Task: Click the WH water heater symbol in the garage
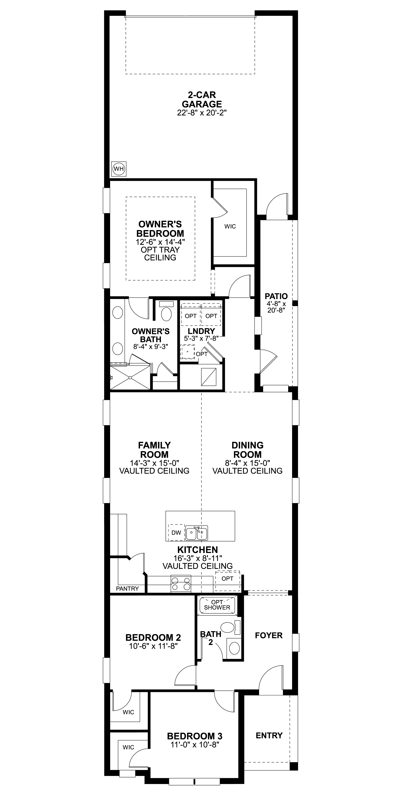pos(119,169)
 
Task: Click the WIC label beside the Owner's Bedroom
pos(230,227)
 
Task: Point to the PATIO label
pos(276,296)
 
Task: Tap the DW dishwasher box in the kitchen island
pos(176,533)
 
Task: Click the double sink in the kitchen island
pos(197,533)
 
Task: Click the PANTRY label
pos(127,589)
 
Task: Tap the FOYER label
pos(269,635)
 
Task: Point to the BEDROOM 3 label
pos(194,736)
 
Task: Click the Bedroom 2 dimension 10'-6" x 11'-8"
pos(153,646)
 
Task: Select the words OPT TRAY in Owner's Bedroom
pos(160,250)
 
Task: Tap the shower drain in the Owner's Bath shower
pos(130,378)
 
